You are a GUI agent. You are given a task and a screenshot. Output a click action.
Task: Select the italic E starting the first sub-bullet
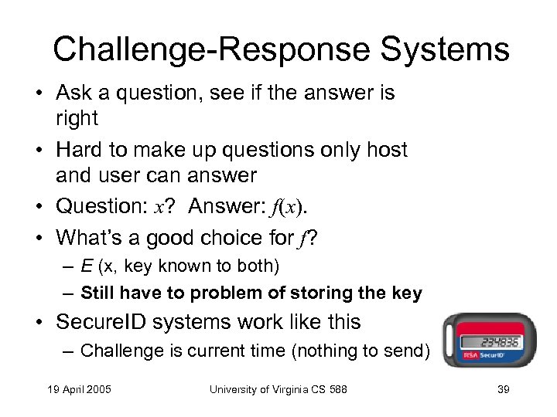click(87, 266)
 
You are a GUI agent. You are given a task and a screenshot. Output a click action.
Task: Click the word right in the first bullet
click(77, 118)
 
